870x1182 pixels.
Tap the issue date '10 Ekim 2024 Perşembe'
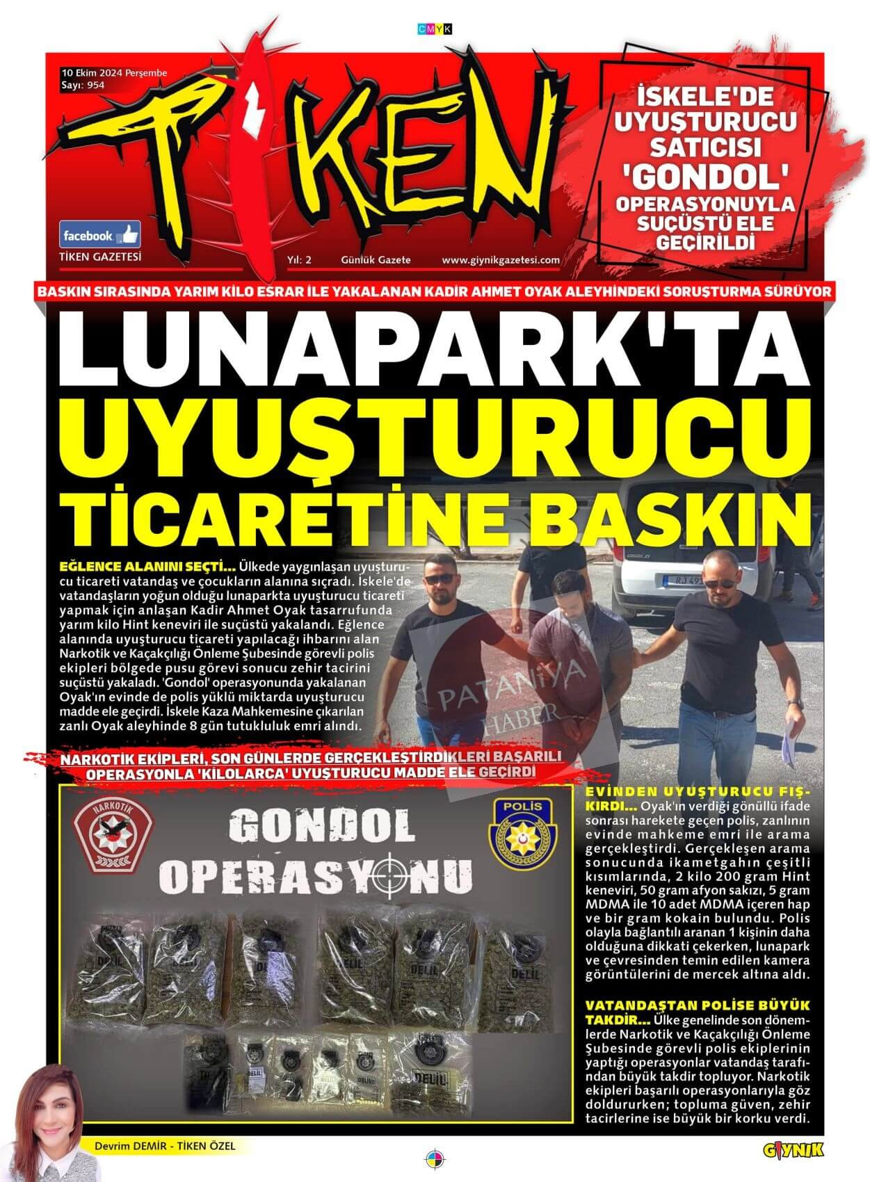114,72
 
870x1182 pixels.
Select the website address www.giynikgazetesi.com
501,260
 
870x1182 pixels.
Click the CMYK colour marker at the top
435,28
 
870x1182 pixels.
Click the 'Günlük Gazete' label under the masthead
376,260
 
